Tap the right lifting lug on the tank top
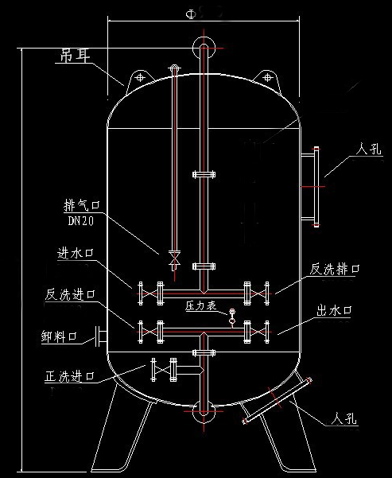(268, 78)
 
